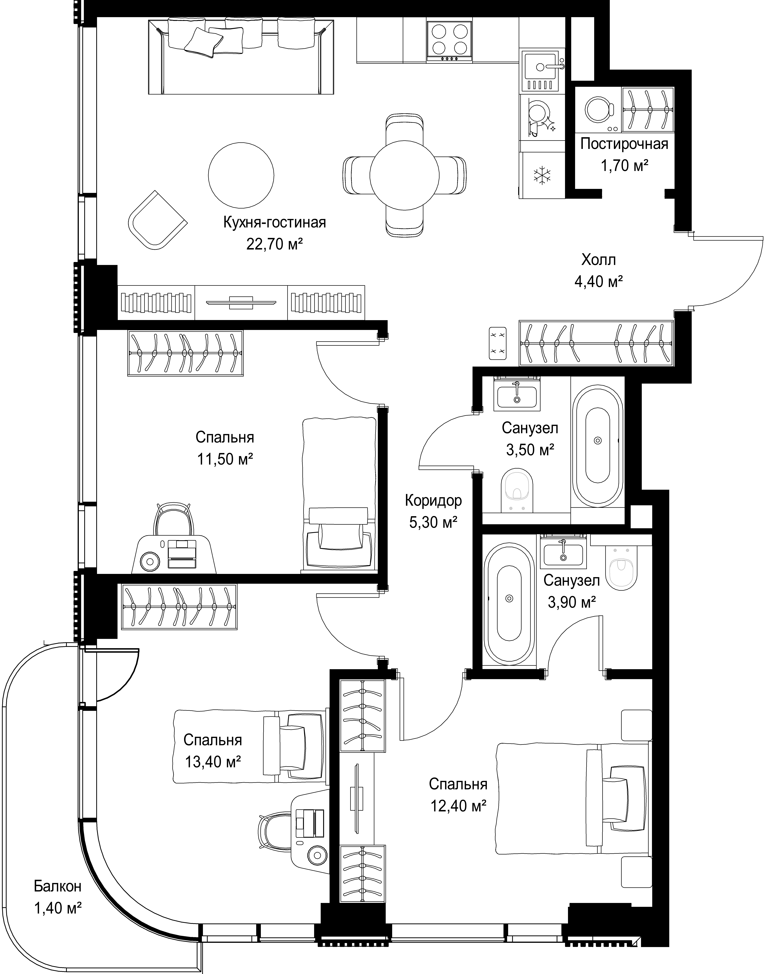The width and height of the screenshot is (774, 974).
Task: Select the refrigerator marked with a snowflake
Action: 541,175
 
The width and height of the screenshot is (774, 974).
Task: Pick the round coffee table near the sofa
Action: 241,175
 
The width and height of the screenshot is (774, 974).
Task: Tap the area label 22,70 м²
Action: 274,244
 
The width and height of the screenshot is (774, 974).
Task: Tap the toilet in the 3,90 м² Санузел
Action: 623,570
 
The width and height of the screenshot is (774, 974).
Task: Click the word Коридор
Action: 433,501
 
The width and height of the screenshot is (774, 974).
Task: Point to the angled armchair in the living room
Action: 158,220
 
